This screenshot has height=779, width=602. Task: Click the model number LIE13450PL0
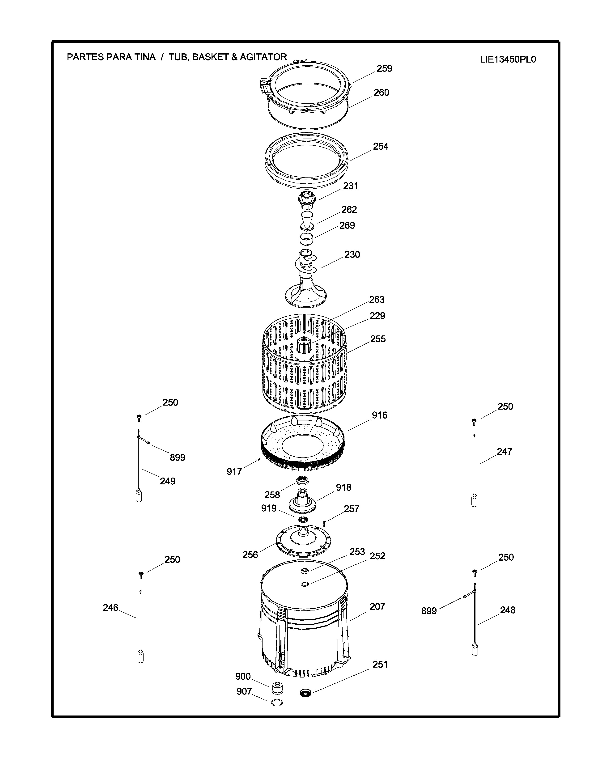coord(508,59)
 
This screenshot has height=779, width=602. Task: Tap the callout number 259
coord(384,68)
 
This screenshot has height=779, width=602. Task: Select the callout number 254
coord(381,146)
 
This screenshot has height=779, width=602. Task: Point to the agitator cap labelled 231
coord(305,200)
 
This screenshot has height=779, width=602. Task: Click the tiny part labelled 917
coord(259,459)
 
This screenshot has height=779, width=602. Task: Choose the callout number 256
coord(250,555)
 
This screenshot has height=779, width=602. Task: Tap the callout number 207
coord(377,606)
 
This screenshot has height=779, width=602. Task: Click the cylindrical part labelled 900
coord(277,688)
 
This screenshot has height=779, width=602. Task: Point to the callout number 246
coord(110,607)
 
